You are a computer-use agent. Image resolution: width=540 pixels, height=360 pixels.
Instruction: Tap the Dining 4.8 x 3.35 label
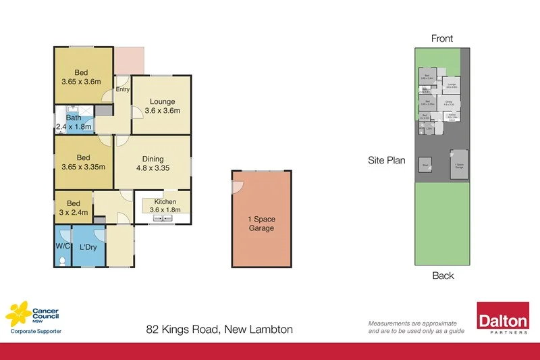pyautogui.click(x=153, y=164)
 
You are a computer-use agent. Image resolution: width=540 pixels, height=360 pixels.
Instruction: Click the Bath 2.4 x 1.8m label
pyautogui.click(x=74, y=122)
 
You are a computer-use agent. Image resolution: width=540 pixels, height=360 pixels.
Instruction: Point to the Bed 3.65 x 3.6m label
pyautogui.click(x=81, y=77)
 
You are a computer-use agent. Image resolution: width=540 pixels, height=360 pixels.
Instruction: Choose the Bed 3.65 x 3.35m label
pyautogui.click(x=83, y=163)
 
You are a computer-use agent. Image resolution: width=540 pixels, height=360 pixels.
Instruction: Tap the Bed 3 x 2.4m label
pyautogui.click(x=73, y=207)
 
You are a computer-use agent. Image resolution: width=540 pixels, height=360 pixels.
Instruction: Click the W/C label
pyautogui.click(x=62, y=247)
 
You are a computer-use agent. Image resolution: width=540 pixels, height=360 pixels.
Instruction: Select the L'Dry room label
pyautogui.click(x=88, y=247)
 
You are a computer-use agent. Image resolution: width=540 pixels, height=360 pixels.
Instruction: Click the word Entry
pyautogui.click(x=122, y=89)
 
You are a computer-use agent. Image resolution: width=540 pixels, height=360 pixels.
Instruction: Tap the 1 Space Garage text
pyautogui.click(x=261, y=224)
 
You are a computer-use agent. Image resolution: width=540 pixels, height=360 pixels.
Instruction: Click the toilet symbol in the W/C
pyautogui.click(x=62, y=260)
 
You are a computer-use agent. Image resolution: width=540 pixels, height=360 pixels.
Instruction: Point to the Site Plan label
pyautogui.click(x=387, y=161)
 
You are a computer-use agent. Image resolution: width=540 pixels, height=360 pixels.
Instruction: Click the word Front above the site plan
pyautogui.click(x=442, y=38)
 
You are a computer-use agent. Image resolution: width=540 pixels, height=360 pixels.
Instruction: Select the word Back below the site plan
pyautogui.click(x=442, y=275)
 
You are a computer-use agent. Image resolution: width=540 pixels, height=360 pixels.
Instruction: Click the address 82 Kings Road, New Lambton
pyautogui.click(x=219, y=330)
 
